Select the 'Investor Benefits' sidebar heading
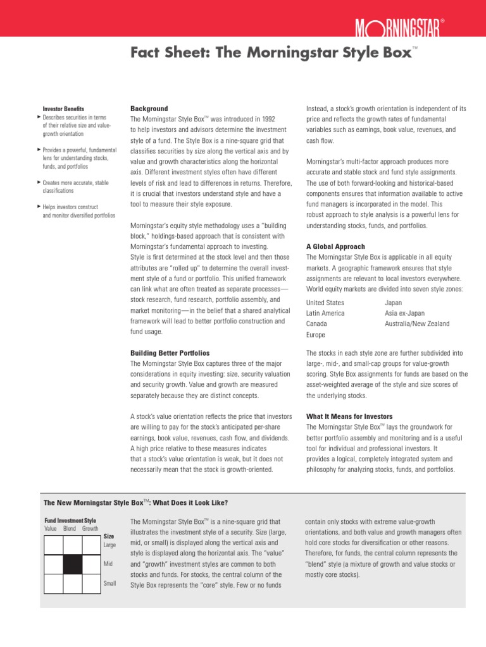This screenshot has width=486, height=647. (63, 109)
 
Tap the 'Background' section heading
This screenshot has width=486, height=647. (149, 109)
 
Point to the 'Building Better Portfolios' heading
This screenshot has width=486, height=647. (170, 353)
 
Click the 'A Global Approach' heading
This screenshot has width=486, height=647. (335, 246)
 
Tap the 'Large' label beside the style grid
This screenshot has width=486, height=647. (109, 545)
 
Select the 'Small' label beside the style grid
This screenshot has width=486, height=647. (109, 583)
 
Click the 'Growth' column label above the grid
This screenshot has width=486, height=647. (90, 528)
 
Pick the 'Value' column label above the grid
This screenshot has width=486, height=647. (50, 528)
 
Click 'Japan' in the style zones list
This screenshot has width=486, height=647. (393, 303)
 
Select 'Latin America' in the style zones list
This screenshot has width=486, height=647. (325, 313)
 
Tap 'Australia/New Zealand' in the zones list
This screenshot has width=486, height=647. (417, 324)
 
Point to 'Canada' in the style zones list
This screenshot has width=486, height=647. (317, 324)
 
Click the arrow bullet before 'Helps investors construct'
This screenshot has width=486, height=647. (39, 207)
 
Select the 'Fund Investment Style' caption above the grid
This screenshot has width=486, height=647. (70, 520)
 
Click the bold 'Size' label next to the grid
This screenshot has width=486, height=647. (109, 536)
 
